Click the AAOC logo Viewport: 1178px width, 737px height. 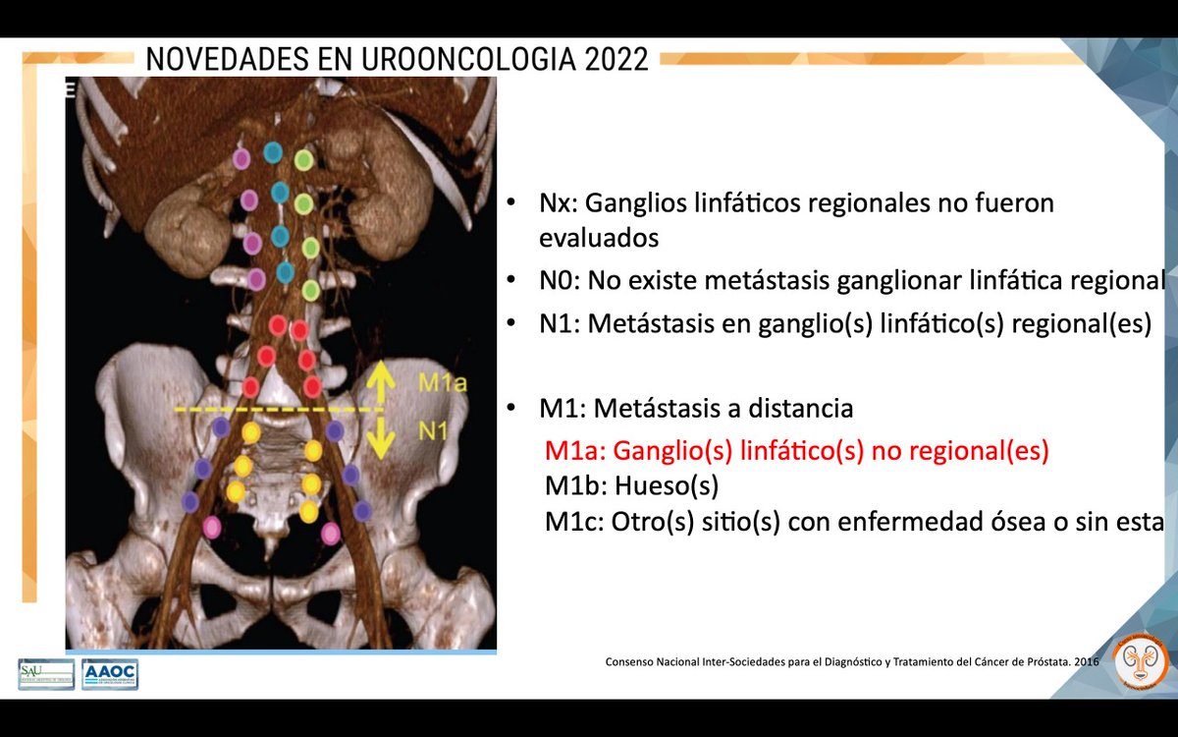[110, 673]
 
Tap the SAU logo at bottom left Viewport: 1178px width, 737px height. [46, 673]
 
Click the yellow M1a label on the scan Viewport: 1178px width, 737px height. [436, 381]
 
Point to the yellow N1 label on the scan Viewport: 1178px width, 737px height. [433, 428]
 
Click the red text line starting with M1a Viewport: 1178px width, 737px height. [797, 451]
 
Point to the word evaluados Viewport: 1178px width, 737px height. [599, 238]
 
